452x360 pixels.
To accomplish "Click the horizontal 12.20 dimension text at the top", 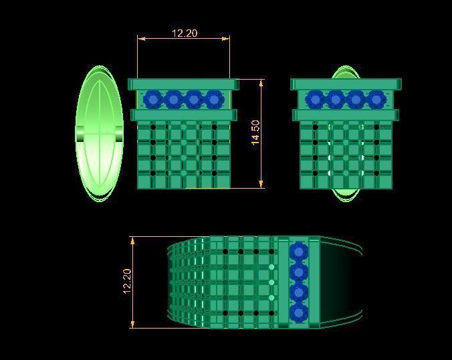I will [185, 33].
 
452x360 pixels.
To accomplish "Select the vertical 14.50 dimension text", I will [255, 132].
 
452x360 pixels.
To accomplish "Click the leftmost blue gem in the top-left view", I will [153, 100].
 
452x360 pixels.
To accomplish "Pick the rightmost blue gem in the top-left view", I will [214, 100].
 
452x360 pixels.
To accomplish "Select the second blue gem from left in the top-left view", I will [174, 100].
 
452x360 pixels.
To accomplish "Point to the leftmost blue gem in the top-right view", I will [315, 100].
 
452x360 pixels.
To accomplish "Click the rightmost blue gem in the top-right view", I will [376, 100].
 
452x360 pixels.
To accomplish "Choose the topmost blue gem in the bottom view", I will [298, 251].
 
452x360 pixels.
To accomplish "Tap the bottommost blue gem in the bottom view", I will [298, 312].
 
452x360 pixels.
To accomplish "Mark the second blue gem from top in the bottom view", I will [298, 272].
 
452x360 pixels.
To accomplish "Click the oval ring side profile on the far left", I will [100, 134].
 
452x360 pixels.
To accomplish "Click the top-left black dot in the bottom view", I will [225, 252].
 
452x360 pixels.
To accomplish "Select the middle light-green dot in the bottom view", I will [271, 282].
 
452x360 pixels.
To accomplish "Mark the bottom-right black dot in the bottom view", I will [271, 312].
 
